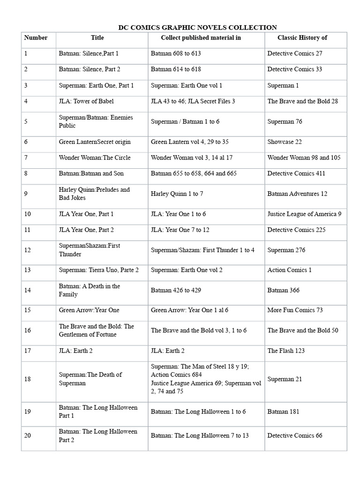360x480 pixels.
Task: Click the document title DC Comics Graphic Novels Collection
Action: click(x=197, y=28)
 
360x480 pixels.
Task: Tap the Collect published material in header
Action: click(x=201, y=37)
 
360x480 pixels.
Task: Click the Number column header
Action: click(x=36, y=37)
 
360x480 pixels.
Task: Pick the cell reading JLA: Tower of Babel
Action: click(x=86, y=101)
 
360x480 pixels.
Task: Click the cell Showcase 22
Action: click(x=285, y=142)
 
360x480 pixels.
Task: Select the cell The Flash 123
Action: click(x=286, y=351)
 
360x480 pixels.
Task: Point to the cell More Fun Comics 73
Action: click(x=295, y=310)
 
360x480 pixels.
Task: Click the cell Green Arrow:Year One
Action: click(x=89, y=310)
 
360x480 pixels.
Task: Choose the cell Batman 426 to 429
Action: click(x=176, y=290)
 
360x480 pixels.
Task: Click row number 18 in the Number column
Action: click(x=28, y=379)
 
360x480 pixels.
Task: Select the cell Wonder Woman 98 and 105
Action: click(x=304, y=157)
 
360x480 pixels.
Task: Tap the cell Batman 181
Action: click(x=283, y=412)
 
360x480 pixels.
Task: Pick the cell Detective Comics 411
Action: click(x=296, y=173)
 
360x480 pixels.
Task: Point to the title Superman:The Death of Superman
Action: click(x=90, y=379)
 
